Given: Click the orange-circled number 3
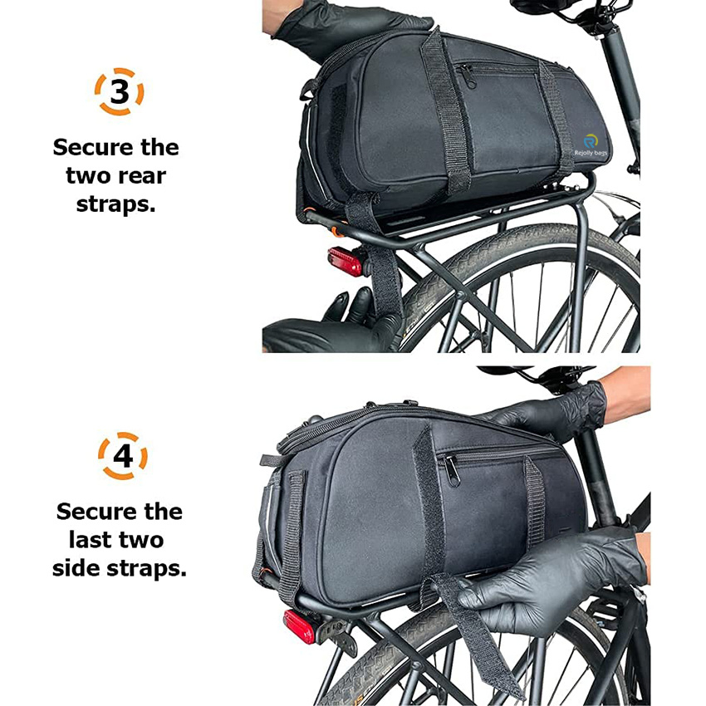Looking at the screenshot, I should point(119,92).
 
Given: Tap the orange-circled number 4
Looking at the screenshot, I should point(123,456).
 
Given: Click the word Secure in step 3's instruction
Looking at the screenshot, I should point(86,148).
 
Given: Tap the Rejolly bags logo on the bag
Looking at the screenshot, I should point(590,145).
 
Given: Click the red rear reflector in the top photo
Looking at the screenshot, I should point(345,261).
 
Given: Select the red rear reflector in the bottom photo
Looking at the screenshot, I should point(299,627).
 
